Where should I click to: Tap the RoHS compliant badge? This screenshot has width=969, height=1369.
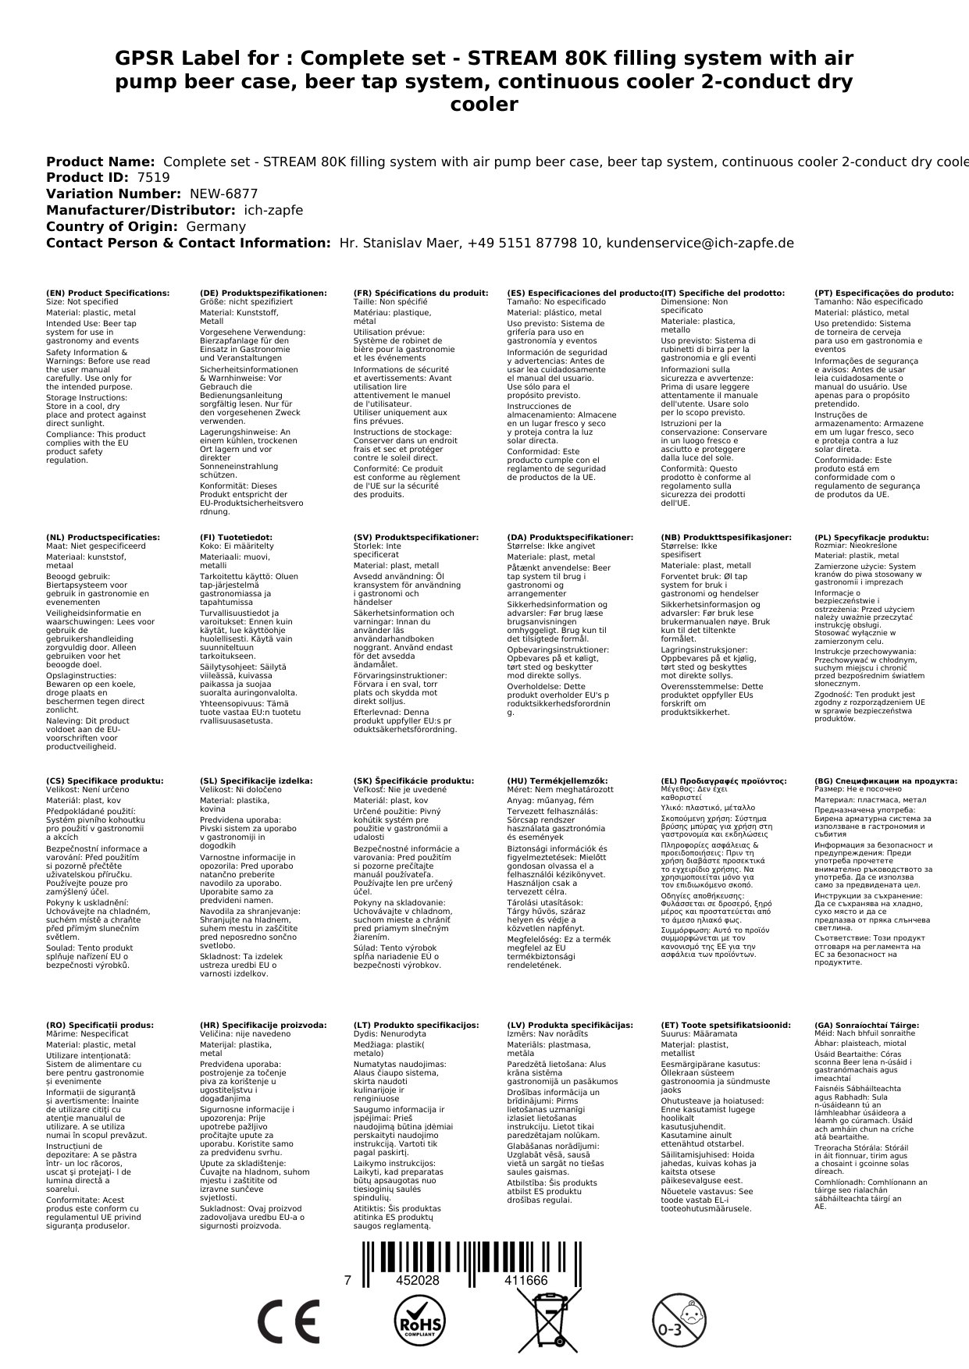419,1321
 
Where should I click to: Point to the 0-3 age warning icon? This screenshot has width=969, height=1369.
679,1321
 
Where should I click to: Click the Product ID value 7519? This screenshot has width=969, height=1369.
153,177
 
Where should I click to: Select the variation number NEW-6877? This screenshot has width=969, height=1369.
223,194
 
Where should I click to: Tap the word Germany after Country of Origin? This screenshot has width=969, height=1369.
216,226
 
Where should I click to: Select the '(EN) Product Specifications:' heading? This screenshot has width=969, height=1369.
108,293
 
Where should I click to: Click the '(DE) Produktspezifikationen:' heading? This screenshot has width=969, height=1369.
263,293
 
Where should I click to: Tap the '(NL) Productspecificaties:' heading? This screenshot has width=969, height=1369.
103,537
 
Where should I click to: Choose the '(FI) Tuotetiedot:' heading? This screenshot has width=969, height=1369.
236,537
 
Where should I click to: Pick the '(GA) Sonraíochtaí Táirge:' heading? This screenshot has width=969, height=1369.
867,1025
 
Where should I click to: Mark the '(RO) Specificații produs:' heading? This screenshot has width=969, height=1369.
100,1025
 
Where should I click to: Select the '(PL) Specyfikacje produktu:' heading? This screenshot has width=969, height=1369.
871,537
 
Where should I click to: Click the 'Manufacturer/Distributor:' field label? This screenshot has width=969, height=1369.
141,210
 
